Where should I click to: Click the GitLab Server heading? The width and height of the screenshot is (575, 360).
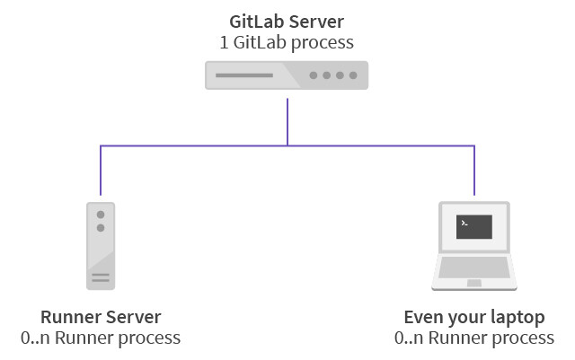[287, 21]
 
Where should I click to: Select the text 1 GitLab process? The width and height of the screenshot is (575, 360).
[287, 41]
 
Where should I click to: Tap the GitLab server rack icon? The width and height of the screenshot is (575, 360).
[287, 75]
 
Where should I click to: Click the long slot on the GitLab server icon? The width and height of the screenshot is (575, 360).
[248, 75]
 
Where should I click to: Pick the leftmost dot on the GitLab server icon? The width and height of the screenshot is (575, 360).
[314, 75]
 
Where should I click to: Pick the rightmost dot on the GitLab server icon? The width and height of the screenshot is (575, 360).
[353, 75]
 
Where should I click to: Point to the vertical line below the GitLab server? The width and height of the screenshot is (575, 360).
[287, 121]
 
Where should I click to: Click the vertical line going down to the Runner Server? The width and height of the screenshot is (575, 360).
[101, 171]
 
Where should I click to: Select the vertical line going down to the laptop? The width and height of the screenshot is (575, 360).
[474, 171]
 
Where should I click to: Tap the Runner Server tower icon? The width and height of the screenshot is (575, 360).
[101, 245]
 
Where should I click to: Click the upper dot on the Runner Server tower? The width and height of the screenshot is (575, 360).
[101, 215]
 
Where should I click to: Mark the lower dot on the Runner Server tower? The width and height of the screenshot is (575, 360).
[101, 228]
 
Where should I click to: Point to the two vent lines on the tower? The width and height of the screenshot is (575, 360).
[101, 277]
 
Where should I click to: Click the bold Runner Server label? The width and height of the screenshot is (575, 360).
[101, 317]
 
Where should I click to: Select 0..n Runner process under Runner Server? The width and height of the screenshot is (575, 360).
[101, 338]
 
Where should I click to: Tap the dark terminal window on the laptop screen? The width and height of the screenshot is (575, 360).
[473, 226]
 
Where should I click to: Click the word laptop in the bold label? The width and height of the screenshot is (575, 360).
[519, 318]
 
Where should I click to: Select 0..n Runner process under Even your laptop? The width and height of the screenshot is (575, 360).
[474, 338]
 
